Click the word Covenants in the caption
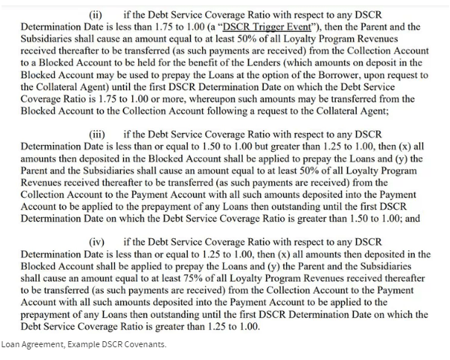tap(146, 345)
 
